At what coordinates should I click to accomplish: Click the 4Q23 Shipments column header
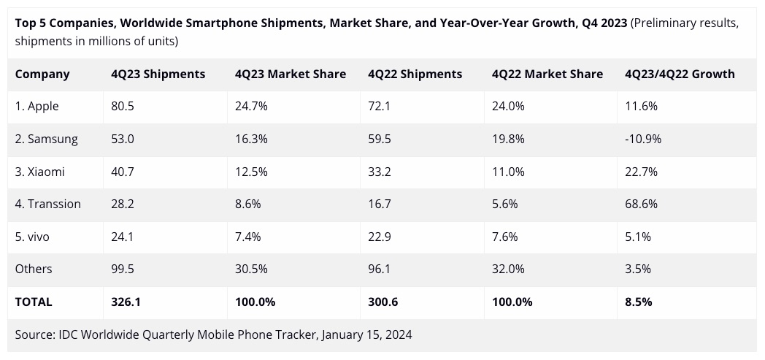point(158,74)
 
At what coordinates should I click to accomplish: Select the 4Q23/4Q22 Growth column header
point(680,74)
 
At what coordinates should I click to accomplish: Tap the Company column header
point(42,74)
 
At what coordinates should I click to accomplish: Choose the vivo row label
point(34,237)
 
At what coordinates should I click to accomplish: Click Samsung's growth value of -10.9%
point(643,139)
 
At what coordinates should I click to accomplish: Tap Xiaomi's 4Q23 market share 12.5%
point(251,172)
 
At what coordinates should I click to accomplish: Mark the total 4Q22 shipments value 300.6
point(385,302)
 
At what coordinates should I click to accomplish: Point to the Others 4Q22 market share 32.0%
point(508,269)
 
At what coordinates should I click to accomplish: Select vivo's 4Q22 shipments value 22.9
point(381,237)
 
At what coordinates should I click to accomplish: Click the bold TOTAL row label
point(34,302)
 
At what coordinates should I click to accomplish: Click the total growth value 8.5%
point(638,302)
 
